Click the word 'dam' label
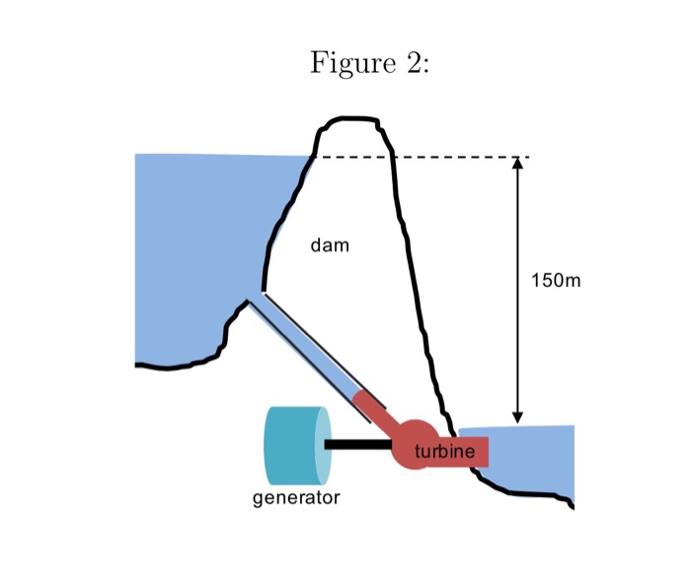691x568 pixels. pyautogui.click(x=330, y=245)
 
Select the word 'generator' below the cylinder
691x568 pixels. pyautogui.click(x=296, y=498)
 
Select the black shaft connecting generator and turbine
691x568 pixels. pyautogui.click(x=359, y=445)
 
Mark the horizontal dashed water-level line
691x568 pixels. pyautogui.click(x=454, y=157)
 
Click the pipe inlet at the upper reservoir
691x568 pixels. pyautogui.click(x=257, y=297)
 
